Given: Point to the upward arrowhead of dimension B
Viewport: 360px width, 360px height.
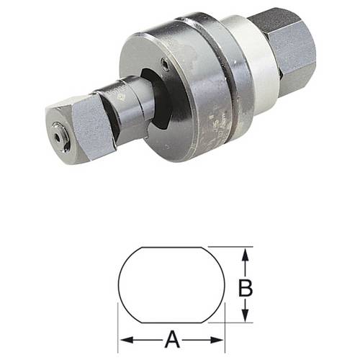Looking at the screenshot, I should coord(246,253).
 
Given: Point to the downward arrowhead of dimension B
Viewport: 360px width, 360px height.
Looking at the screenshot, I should coord(246,318).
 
